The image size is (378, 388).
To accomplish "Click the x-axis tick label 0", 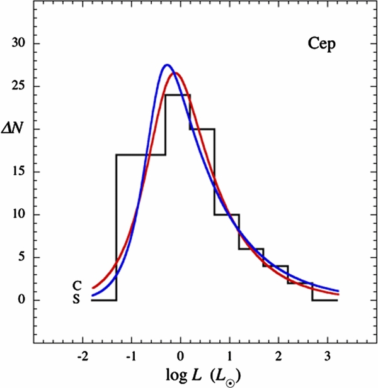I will tap(180, 357).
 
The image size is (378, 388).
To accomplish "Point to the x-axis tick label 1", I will tap(229, 357).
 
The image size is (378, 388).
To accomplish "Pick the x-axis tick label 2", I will tap(278, 357).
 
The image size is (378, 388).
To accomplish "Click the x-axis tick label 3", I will tap(328, 357).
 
